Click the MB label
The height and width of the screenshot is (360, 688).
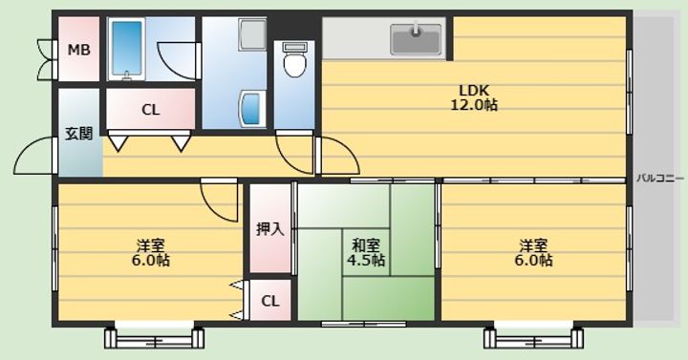(79, 50)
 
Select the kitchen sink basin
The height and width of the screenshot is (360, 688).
(416, 39)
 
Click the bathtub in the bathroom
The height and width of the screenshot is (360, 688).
(126, 49)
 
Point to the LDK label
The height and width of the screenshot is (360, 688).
(474, 91)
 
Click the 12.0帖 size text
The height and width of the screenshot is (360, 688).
(474, 105)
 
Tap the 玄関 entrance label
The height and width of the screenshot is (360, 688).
(79, 134)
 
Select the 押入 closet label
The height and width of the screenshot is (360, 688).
(269, 228)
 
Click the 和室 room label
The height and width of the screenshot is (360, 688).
(366, 244)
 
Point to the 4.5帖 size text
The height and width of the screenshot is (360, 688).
(366, 260)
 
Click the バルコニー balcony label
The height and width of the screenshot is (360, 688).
(660, 179)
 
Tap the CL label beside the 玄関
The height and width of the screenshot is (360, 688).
(151, 110)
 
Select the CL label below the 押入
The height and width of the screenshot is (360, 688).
(269, 301)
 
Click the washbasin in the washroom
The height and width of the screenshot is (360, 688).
(252, 109)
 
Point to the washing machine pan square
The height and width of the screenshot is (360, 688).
(252, 34)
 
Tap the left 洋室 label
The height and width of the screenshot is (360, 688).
(151, 244)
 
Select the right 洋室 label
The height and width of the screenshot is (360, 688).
(533, 244)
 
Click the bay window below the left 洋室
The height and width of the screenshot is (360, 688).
(155, 337)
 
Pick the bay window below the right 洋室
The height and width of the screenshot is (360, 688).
(533, 337)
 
